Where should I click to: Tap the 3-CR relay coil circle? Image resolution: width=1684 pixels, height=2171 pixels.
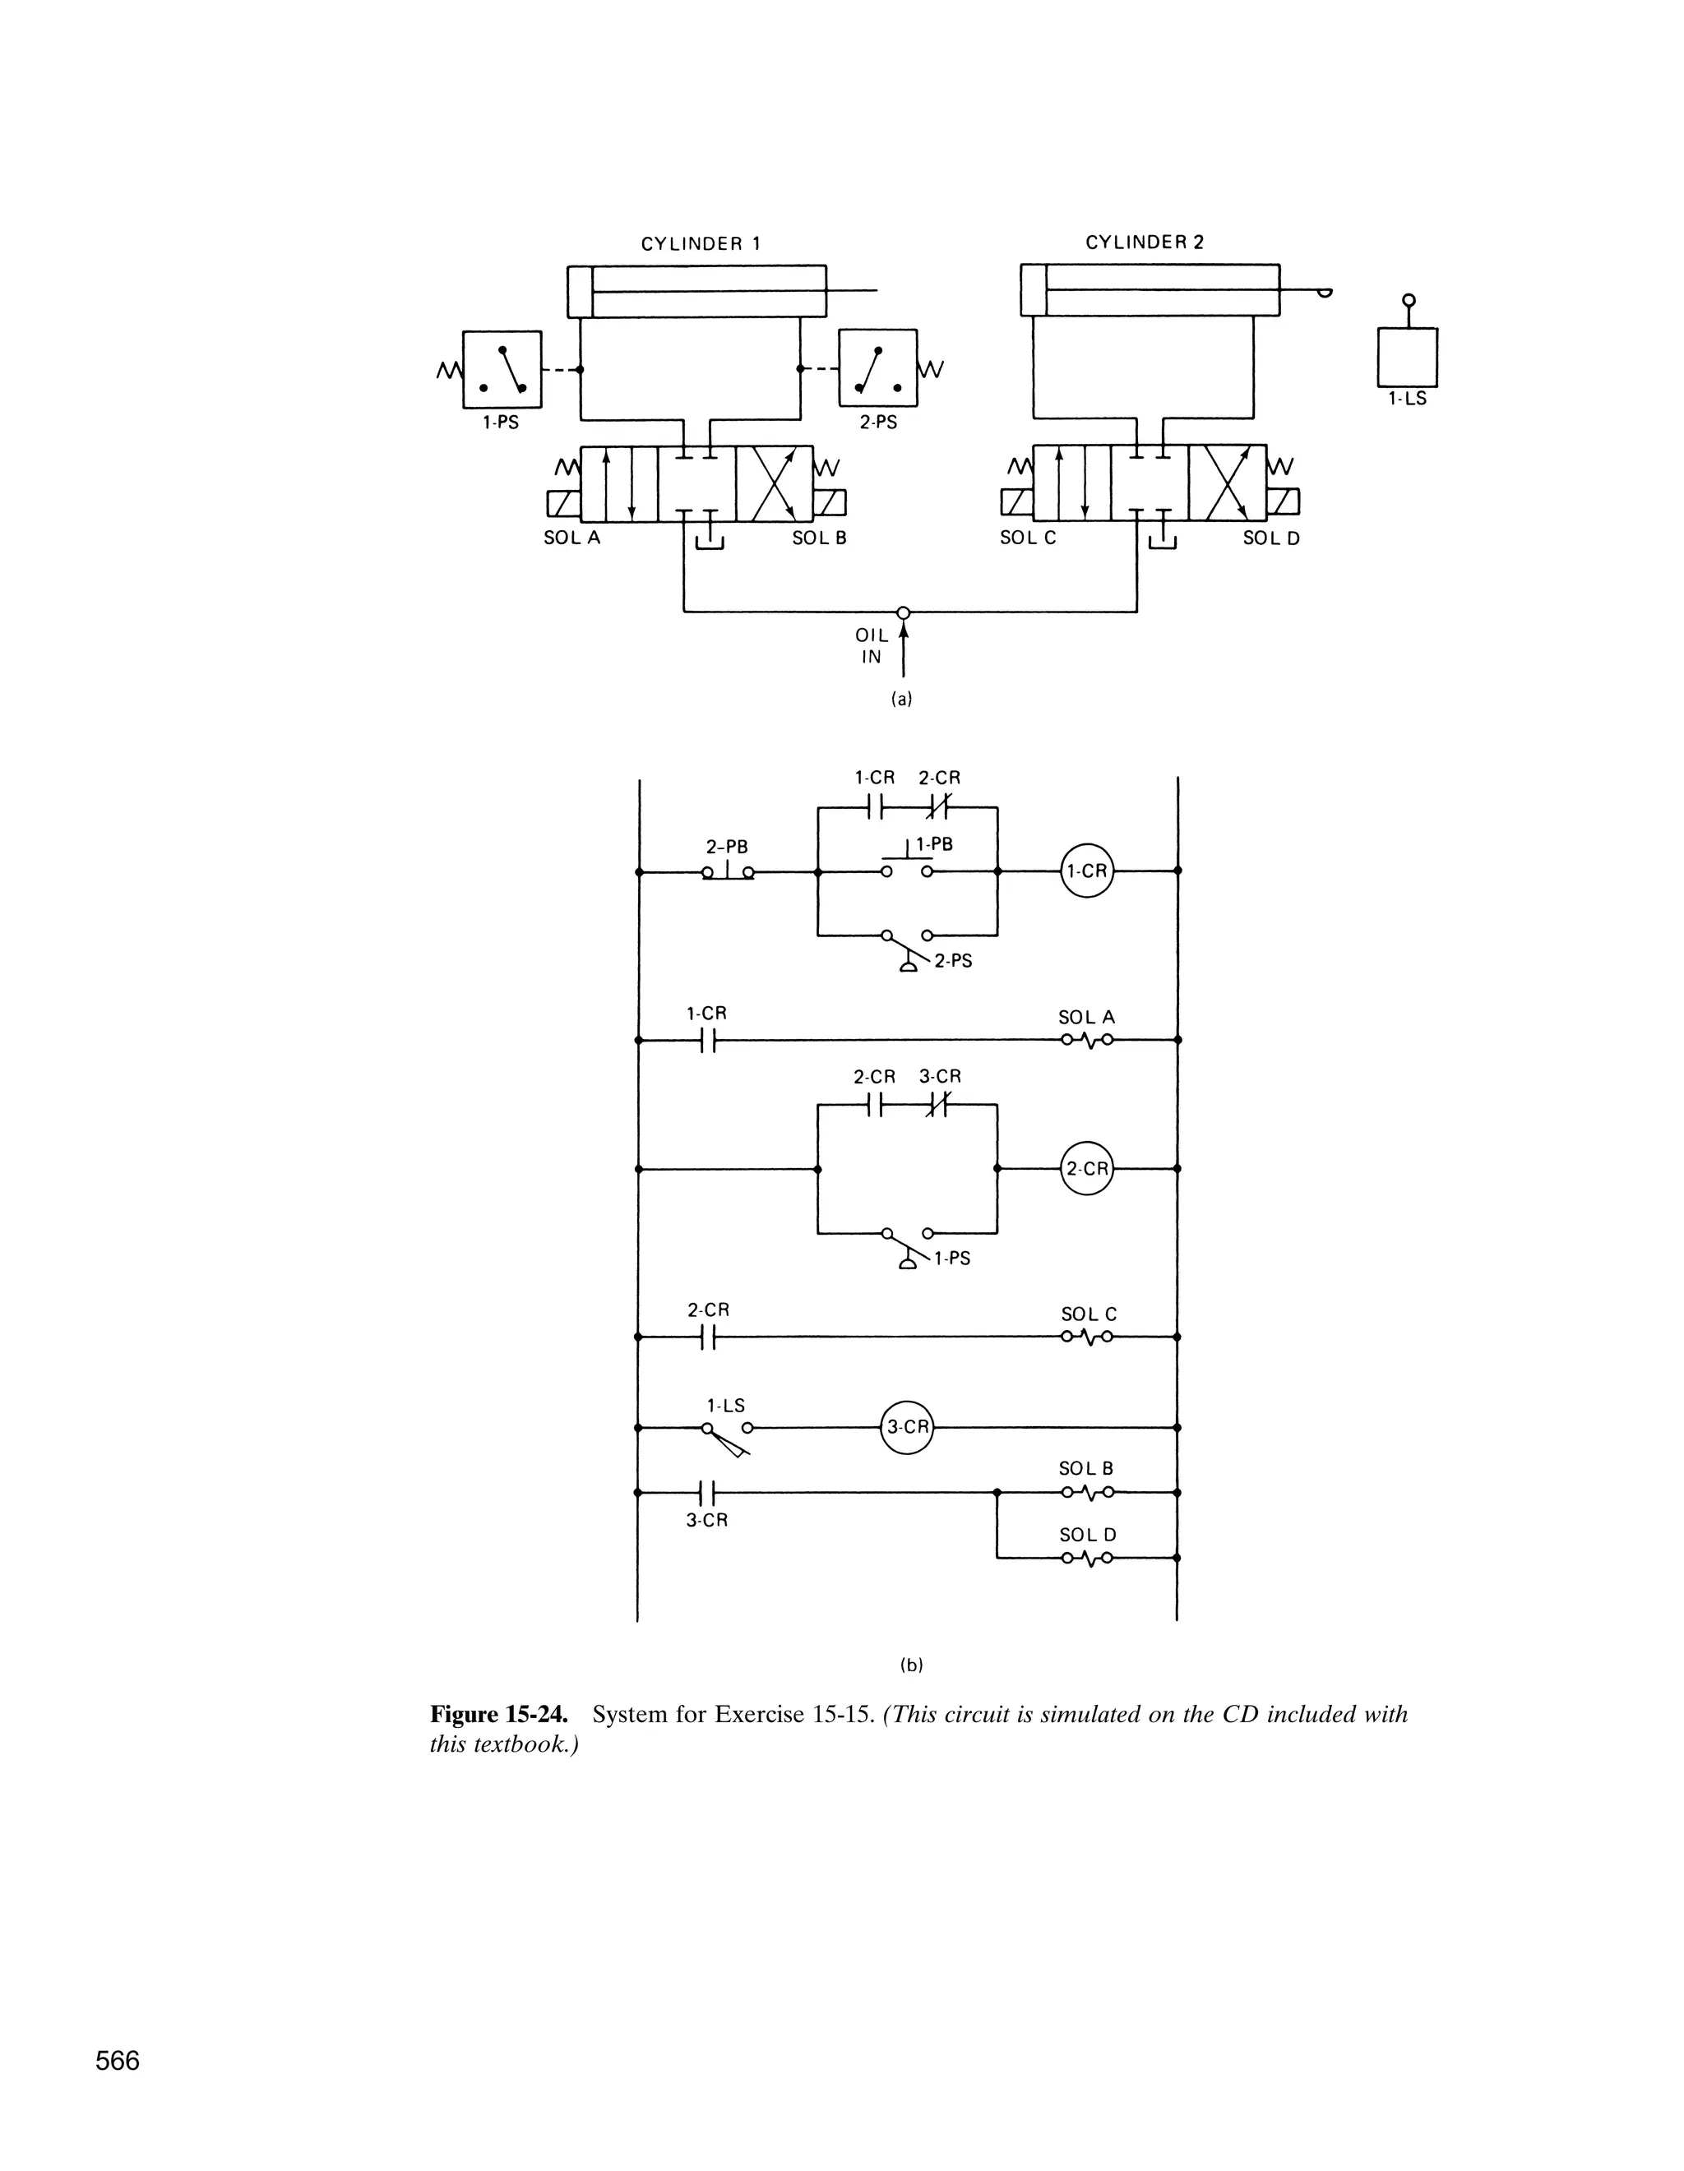(x=908, y=1426)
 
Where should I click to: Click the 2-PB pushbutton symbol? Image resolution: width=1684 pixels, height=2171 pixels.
(x=728, y=871)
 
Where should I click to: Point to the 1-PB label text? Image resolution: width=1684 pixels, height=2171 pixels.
(x=933, y=844)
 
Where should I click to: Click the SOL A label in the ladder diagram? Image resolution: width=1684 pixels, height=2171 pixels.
(x=1086, y=1017)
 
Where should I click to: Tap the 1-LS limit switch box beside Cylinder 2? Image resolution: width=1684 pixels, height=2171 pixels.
(x=1407, y=357)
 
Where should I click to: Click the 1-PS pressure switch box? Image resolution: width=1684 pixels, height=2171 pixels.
(x=502, y=369)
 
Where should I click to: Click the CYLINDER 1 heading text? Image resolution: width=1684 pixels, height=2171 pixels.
(x=701, y=243)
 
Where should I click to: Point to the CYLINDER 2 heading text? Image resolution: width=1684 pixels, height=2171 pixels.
(x=1145, y=243)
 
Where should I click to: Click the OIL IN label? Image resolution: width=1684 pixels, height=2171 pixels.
(x=871, y=646)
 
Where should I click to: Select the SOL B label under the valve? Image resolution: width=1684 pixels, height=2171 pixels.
(x=819, y=538)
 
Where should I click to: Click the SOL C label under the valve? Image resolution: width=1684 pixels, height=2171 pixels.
(x=1028, y=538)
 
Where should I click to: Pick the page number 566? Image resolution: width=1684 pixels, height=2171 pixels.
(x=118, y=2061)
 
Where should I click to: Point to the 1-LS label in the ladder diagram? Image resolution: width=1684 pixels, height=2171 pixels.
(x=726, y=1406)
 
